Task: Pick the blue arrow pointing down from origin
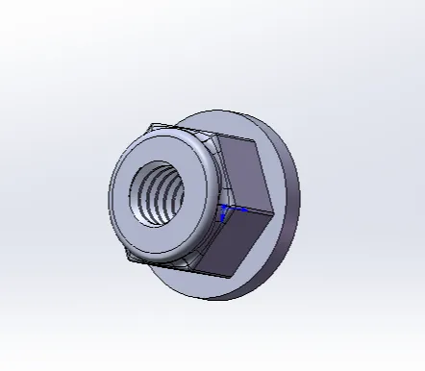click(223, 219)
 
